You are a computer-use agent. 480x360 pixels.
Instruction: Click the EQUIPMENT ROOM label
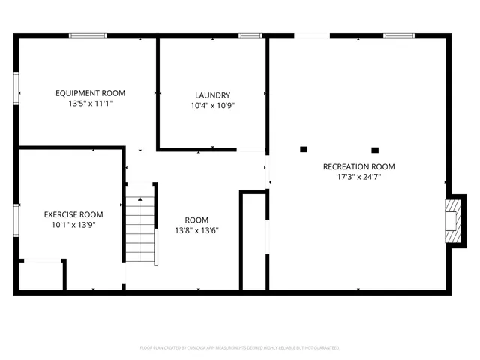tap(90, 93)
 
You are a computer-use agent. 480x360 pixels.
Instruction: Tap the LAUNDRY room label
tap(212, 95)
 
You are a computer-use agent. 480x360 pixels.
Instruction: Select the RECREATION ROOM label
tap(358, 166)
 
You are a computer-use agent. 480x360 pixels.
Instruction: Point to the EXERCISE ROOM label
tap(73, 214)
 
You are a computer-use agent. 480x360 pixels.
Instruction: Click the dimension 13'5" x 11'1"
tap(90, 104)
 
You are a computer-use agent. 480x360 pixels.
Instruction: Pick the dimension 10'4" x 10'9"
tap(212, 106)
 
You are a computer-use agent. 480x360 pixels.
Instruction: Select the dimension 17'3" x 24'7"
tap(358, 178)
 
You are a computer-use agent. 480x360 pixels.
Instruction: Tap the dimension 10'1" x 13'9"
tap(73, 225)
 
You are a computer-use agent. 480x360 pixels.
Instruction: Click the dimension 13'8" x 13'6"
tap(197, 231)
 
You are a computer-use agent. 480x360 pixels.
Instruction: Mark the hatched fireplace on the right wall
tap(453, 221)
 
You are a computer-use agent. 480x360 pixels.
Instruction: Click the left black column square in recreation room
tap(304, 149)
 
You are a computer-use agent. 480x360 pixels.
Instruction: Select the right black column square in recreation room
tap(375, 149)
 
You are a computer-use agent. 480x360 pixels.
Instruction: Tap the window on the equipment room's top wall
tap(88, 35)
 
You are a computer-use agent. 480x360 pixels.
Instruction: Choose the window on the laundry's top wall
tap(250, 35)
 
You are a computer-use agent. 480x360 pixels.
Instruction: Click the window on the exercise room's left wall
tap(16, 221)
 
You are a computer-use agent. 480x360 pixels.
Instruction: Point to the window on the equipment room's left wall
tap(16, 87)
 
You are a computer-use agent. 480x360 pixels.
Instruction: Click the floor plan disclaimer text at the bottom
tap(240, 348)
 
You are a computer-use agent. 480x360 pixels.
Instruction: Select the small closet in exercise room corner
tap(40, 275)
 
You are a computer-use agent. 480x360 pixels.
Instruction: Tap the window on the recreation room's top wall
tap(399, 35)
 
